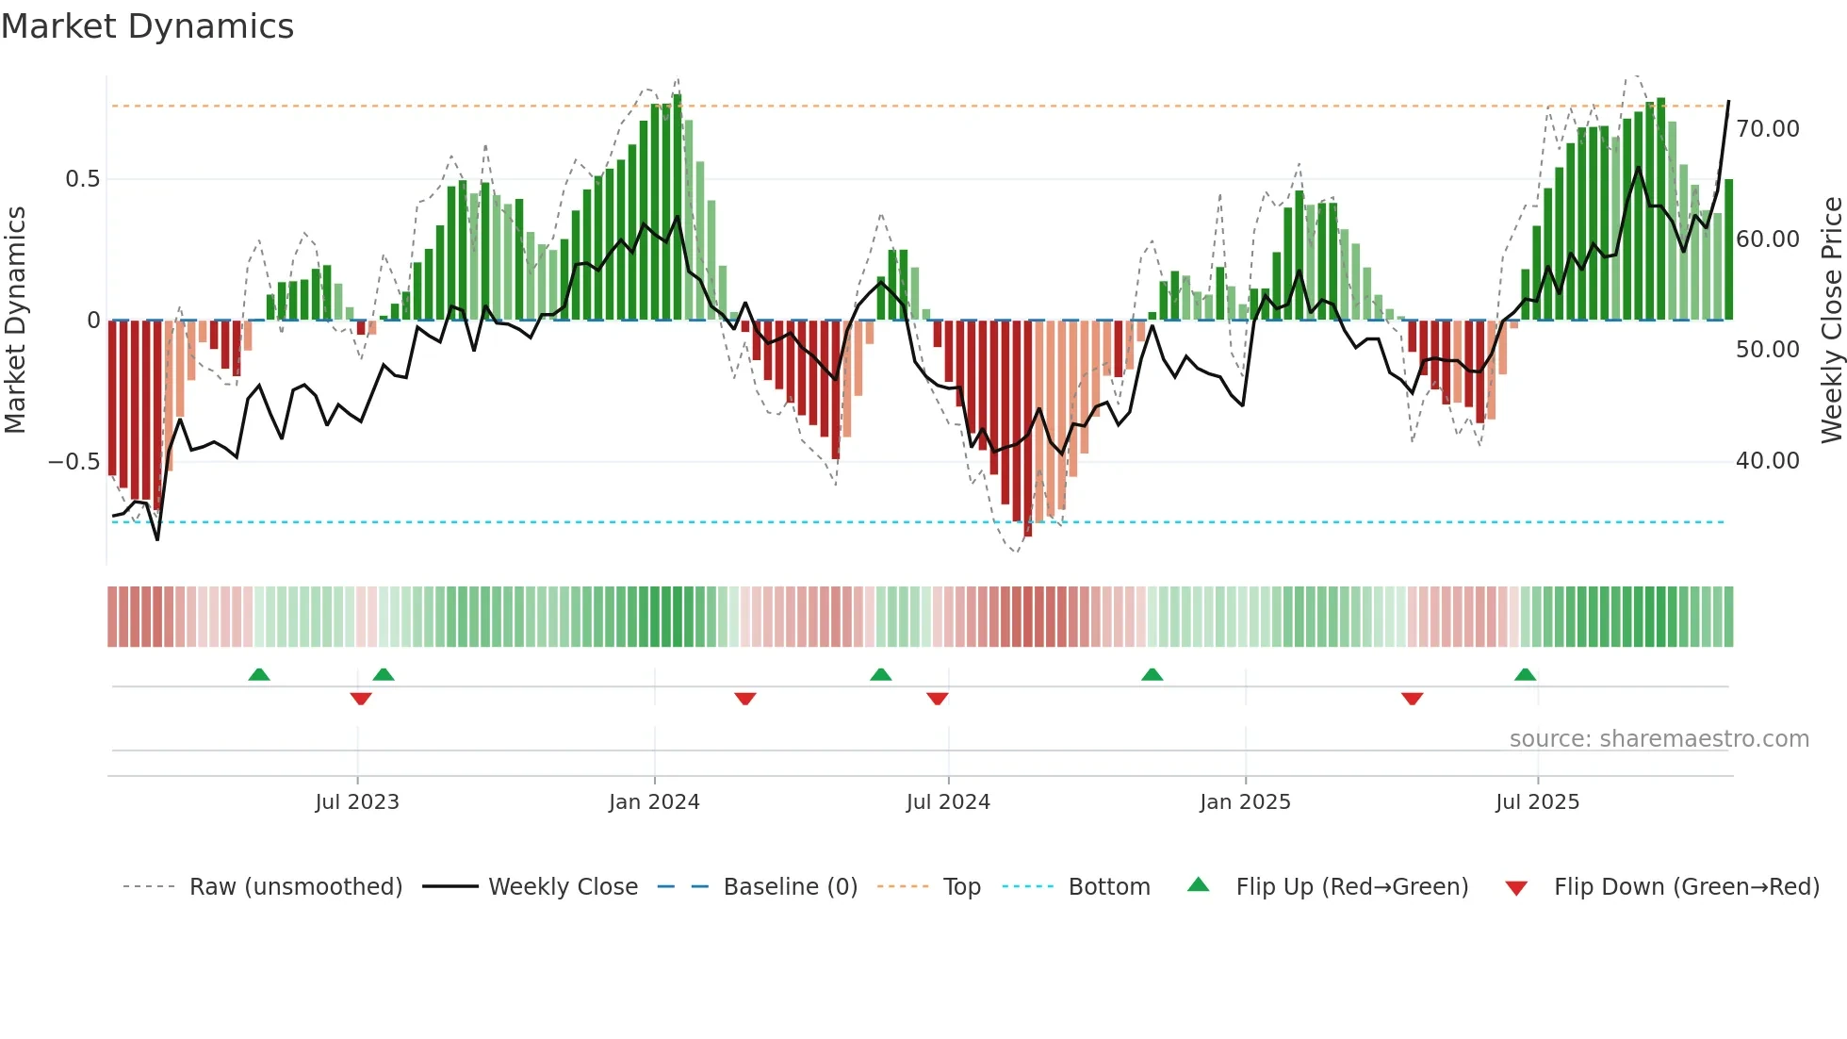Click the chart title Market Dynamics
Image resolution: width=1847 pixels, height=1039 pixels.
[147, 26]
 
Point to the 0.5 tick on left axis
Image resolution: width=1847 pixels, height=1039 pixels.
[82, 179]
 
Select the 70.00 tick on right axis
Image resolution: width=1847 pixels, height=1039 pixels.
[1767, 129]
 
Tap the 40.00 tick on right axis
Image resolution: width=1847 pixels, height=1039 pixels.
[1767, 461]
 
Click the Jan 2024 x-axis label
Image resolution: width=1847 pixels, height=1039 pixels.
[654, 802]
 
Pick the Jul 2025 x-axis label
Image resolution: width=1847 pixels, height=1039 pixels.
[1537, 802]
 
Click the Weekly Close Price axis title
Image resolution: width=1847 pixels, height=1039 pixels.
[1831, 321]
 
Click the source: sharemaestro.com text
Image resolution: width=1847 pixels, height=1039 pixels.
[1659, 739]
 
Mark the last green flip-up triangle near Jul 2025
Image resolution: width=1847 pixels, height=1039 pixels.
[1525, 675]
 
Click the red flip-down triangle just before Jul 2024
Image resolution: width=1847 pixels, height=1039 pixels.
[937, 699]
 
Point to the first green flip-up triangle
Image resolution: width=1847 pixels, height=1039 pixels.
[259, 675]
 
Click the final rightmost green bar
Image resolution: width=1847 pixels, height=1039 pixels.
[1728, 250]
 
